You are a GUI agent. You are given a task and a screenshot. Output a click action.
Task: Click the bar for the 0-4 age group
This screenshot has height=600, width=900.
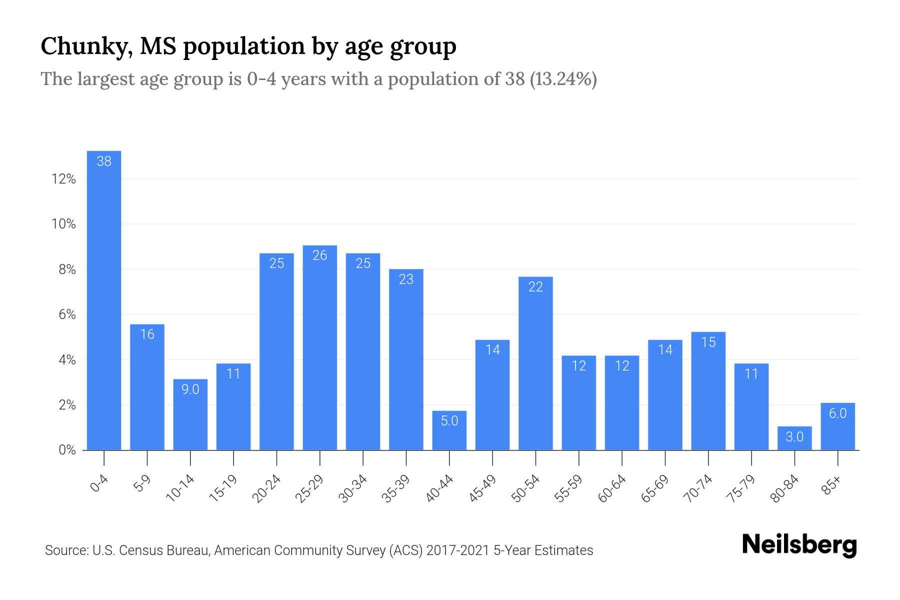click(104, 300)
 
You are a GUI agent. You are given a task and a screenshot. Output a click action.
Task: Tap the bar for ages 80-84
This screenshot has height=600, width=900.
click(794, 438)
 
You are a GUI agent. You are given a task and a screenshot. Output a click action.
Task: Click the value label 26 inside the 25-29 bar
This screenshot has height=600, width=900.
click(320, 255)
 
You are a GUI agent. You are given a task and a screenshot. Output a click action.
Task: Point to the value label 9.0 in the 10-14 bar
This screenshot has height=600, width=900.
click(190, 389)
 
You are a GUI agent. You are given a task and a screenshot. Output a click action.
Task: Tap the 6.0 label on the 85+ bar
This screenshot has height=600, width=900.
click(837, 413)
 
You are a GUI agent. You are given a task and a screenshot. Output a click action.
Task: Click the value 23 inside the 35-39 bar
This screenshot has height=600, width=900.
click(406, 279)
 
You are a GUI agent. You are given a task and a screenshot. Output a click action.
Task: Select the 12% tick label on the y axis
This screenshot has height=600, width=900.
click(63, 179)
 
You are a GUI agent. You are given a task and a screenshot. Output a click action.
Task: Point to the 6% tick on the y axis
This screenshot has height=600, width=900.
click(67, 314)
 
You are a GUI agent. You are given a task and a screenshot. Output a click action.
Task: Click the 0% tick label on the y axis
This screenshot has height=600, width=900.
click(67, 450)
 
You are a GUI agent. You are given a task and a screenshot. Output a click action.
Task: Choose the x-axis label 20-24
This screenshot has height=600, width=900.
click(266, 488)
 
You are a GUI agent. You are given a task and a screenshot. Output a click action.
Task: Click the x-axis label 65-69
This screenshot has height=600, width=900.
click(655, 488)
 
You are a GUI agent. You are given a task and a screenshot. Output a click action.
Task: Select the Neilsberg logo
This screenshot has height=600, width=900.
click(799, 545)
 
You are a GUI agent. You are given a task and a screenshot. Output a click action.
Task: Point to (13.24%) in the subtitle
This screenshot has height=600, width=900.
click(563, 79)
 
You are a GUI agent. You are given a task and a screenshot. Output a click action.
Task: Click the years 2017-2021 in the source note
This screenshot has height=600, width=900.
click(458, 550)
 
